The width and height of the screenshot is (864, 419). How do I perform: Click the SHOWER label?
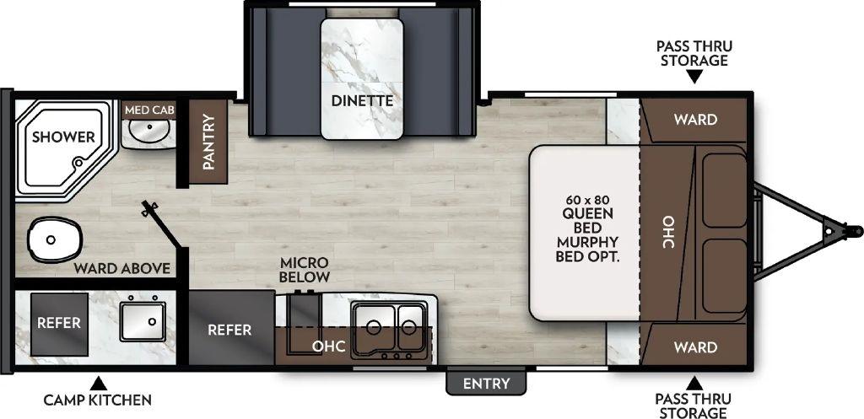(x=63, y=137)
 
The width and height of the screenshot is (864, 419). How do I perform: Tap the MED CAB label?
(x=149, y=110)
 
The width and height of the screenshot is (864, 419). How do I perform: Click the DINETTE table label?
(x=361, y=101)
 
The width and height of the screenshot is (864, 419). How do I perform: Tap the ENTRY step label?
(x=487, y=384)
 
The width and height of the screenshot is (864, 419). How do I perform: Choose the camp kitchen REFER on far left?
(x=59, y=323)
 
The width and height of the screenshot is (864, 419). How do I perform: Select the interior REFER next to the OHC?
(x=229, y=329)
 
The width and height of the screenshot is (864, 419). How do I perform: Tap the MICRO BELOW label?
(x=305, y=270)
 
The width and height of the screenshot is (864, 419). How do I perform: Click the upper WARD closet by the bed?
(x=695, y=120)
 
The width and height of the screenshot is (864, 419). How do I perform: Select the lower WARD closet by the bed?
(x=695, y=346)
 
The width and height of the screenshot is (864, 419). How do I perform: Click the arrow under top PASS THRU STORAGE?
(x=694, y=78)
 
